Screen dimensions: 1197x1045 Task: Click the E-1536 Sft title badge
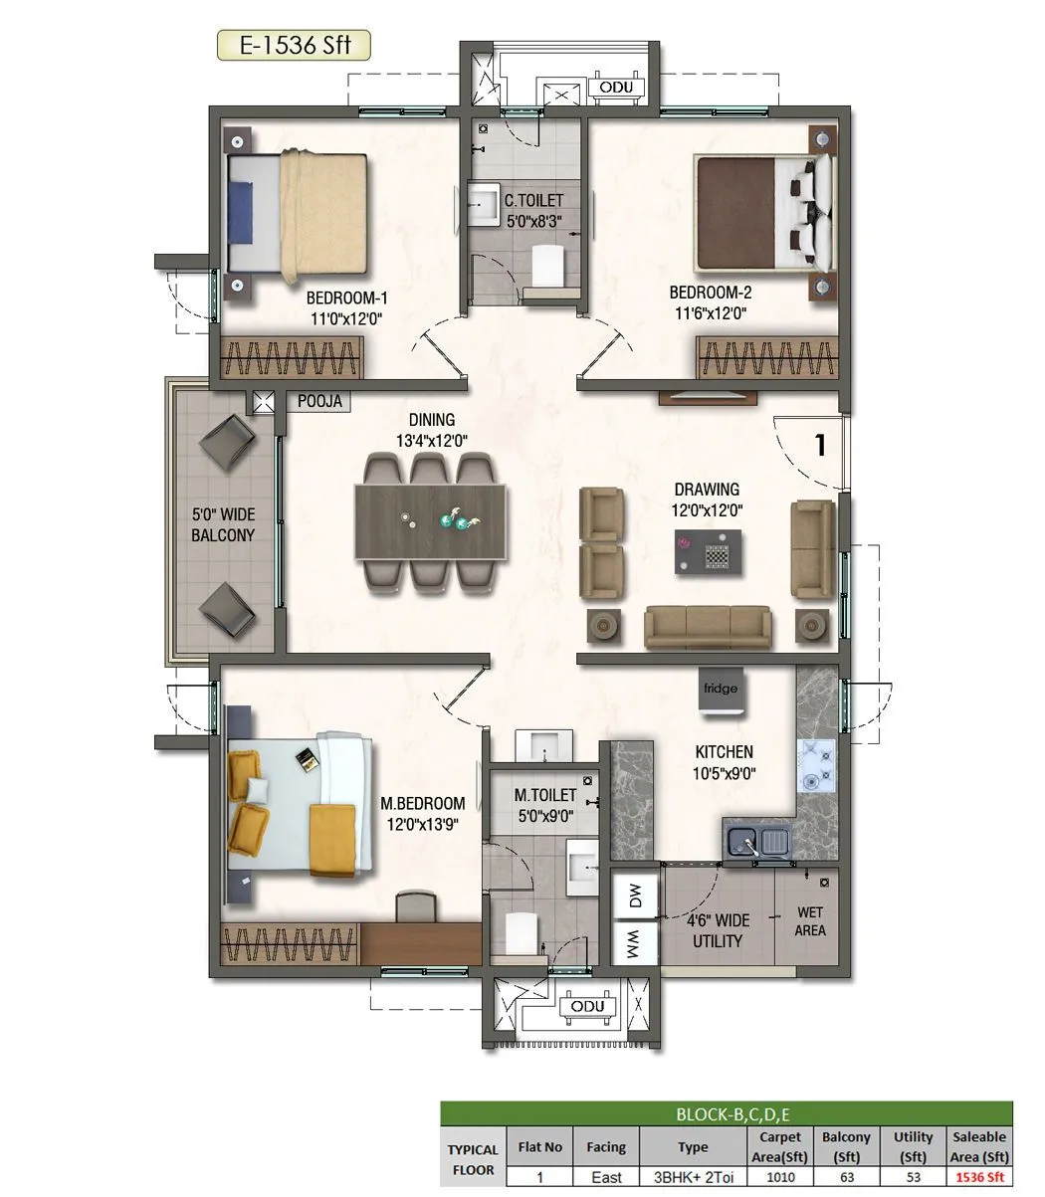[294, 46]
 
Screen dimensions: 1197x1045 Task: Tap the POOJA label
[319, 402]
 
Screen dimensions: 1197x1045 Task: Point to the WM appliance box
[635, 943]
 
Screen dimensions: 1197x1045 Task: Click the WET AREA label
[809, 921]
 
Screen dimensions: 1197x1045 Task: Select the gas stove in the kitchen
[817, 764]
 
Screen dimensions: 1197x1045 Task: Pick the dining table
[430, 522]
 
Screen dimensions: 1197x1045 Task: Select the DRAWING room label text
[707, 490]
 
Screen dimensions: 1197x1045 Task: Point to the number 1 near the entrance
[820, 445]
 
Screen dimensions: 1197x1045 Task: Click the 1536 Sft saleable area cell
[979, 1177]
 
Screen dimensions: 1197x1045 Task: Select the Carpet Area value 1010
[780, 1177]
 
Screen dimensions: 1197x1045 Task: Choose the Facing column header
[605, 1146]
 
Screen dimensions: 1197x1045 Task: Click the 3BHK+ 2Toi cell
[693, 1177]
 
